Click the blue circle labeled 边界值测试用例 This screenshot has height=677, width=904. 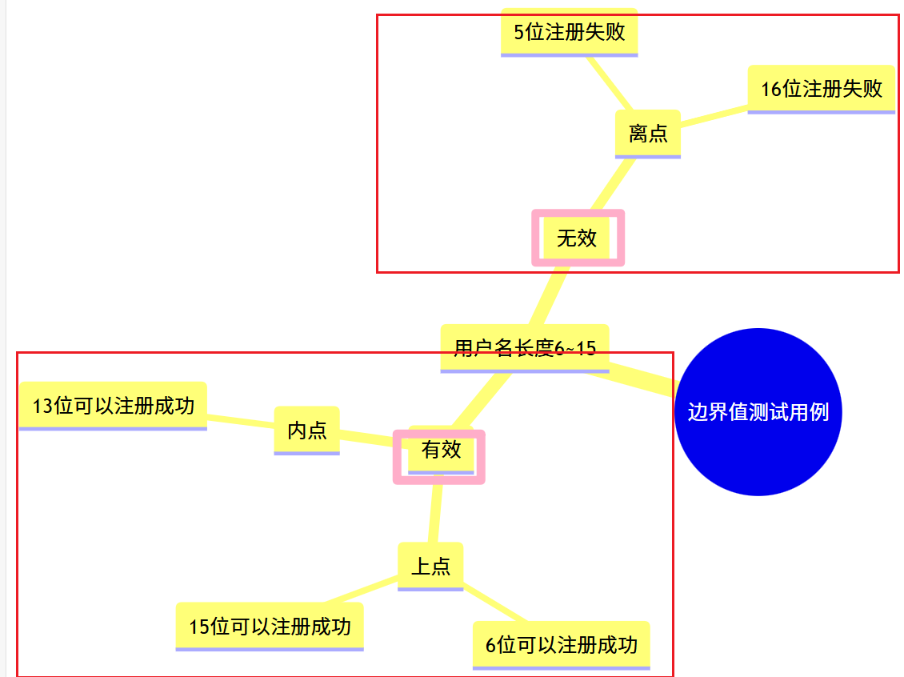(758, 412)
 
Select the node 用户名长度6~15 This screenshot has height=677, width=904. (525, 348)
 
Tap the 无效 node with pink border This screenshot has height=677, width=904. (578, 238)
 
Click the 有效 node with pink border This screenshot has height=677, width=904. (440, 450)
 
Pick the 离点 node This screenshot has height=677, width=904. (647, 133)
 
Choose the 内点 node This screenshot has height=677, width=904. (306, 431)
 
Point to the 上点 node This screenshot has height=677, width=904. (430, 567)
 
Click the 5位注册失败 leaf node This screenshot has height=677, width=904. (569, 32)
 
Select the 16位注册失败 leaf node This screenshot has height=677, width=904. (821, 88)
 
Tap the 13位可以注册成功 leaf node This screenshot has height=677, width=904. (113, 406)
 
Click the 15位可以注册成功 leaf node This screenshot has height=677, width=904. (270, 626)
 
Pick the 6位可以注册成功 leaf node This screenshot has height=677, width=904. (561, 644)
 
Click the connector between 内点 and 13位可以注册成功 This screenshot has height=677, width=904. (240, 419)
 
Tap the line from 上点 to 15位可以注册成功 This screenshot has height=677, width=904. (360, 591)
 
